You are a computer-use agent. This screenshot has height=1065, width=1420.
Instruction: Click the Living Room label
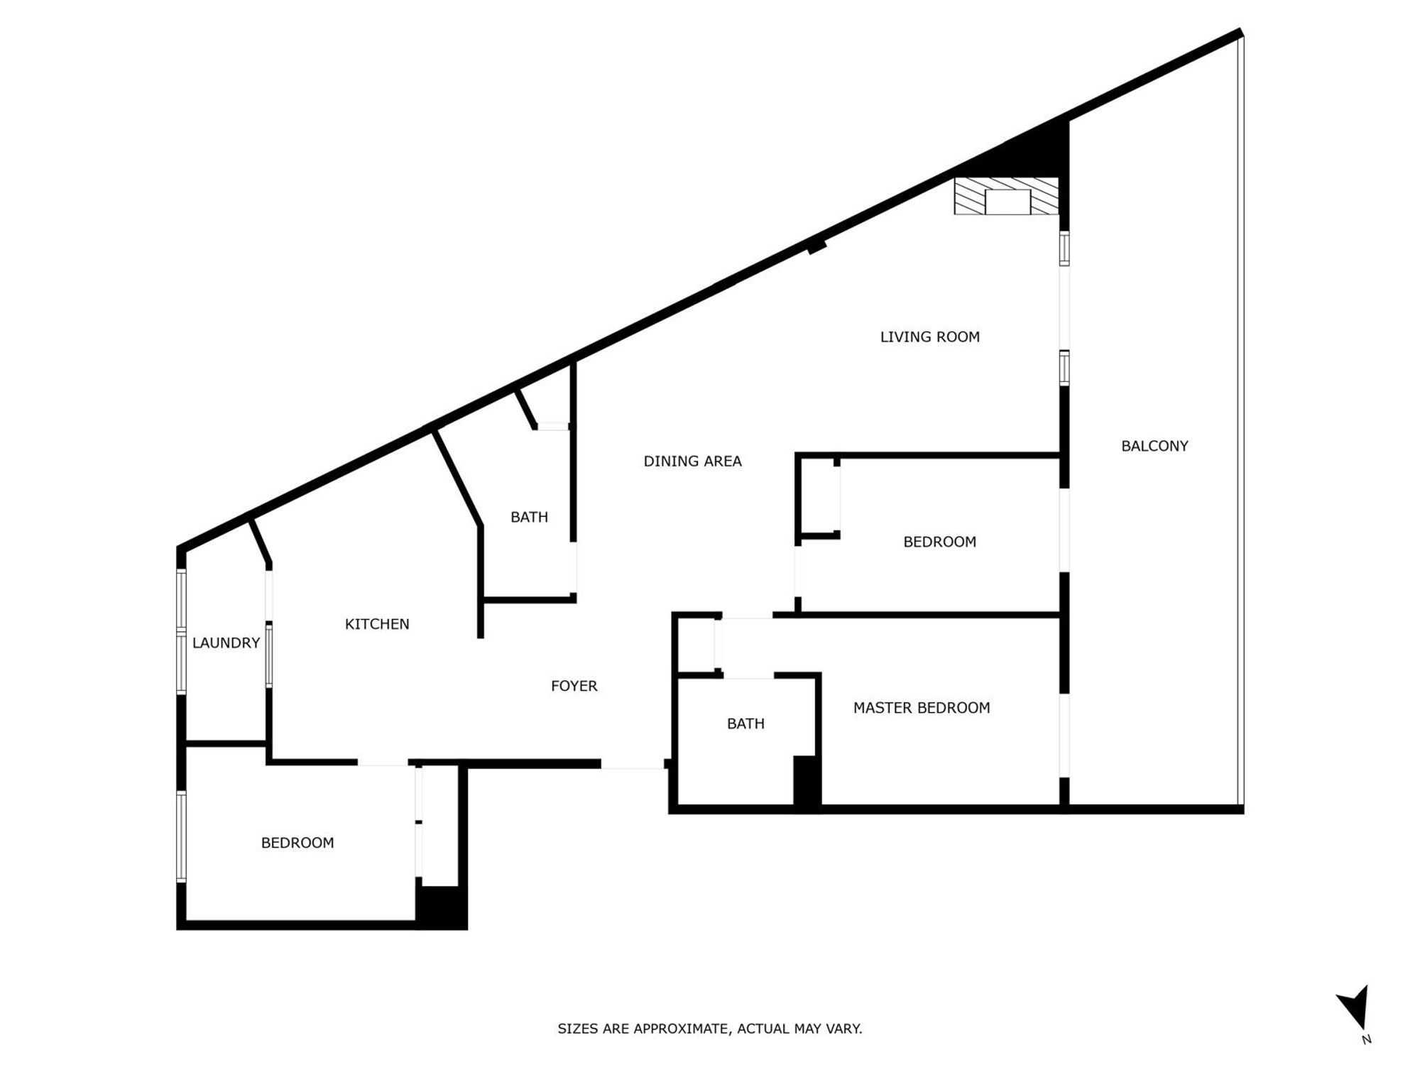(x=929, y=337)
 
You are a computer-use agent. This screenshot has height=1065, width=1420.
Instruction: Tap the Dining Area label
(x=692, y=461)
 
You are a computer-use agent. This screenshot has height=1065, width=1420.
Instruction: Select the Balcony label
(x=1154, y=446)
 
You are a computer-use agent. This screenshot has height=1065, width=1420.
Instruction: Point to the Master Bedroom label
(x=921, y=708)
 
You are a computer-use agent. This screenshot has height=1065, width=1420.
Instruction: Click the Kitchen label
(x=377, y=624)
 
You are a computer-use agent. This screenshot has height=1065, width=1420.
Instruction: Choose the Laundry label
(x=226, y=643)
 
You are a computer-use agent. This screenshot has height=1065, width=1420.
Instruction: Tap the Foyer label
(x=574, y=686)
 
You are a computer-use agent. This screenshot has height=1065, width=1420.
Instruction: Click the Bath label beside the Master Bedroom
(x=745, y=723)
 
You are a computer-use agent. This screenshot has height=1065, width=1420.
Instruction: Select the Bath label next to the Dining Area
(x=529, y=517)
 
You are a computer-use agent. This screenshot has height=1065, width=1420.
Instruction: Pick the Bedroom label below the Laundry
(x=297, y=843)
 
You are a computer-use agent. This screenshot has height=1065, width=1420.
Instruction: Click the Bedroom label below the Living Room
(x=939, y=542)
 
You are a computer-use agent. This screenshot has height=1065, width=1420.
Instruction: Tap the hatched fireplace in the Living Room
(x=1006, y=197)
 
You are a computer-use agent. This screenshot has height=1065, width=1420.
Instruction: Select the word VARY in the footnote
(x=845, y=1029)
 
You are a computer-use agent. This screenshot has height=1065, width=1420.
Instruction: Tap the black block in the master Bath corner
(x=806, y=780)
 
